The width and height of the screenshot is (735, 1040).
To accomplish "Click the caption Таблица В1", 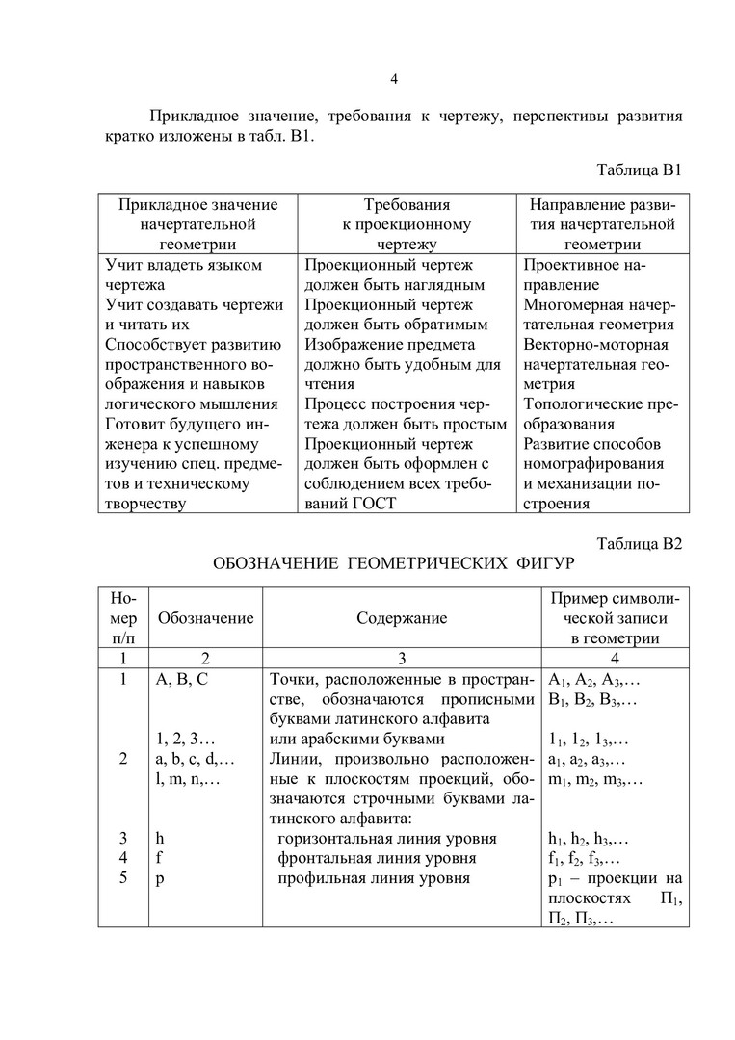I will (640, 170).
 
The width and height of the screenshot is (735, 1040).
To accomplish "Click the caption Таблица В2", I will (640, 543).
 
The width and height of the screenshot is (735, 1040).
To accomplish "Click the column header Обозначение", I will (206, 617).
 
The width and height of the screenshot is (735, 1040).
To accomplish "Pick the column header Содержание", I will (402, 617).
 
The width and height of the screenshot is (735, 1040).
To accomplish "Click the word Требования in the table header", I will (407, 205).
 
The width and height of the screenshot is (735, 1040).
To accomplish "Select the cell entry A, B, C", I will (181, 678).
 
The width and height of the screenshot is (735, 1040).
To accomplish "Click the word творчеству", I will (144, 503).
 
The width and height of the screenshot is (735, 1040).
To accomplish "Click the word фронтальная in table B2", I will (325, 857).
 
